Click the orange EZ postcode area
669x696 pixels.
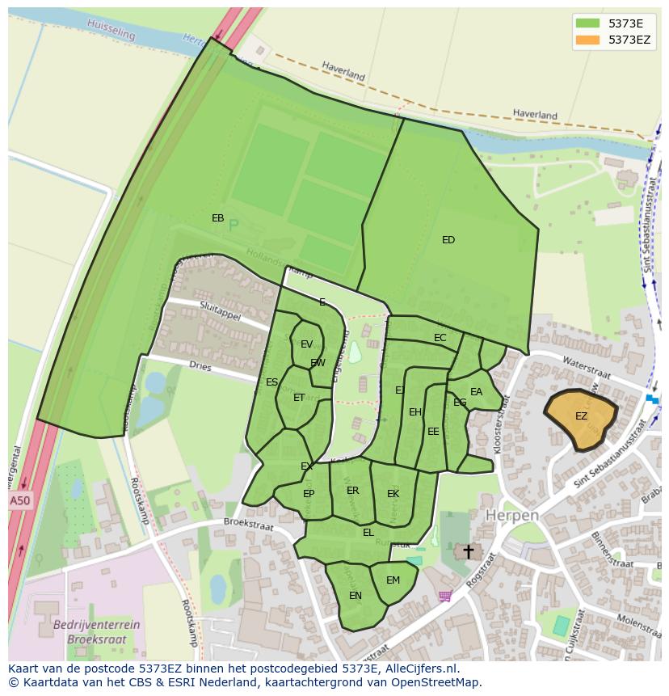coord(581,418)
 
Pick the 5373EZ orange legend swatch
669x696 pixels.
coord(587,40)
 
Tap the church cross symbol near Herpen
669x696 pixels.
coord(467,551)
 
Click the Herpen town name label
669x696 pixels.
coord(511,515)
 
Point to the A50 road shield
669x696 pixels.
coord(20,501)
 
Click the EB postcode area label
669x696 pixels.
coord(217,218)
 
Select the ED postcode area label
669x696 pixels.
coord(448,240)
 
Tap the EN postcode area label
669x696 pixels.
coord(356,596)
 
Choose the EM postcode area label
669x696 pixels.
coord(393,580)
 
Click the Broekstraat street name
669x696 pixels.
coord(249,525)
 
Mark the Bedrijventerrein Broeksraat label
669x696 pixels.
coord(96,631)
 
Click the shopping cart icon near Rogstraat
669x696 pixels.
coord(444,596)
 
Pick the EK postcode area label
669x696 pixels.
coord(393,494)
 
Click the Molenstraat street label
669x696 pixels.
coord(639,626)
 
